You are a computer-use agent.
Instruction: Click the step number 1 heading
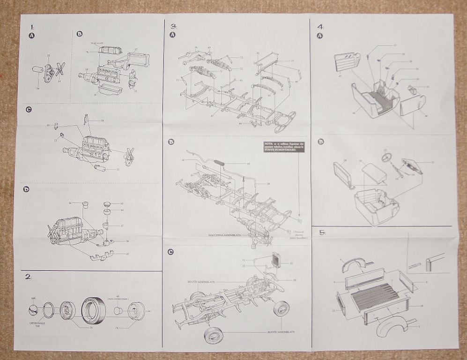[32, 26]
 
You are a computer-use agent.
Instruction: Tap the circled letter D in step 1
[27, 189]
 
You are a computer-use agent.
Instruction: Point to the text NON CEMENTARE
[117, 298]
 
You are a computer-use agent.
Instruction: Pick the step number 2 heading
[28, 277]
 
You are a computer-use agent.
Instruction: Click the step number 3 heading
[173, 26]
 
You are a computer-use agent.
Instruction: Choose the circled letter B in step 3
[171, 142]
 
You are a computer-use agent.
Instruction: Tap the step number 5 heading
[322, 232]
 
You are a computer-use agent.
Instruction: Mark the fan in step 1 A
[60, 70]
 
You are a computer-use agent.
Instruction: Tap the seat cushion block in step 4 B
[374, 173]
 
